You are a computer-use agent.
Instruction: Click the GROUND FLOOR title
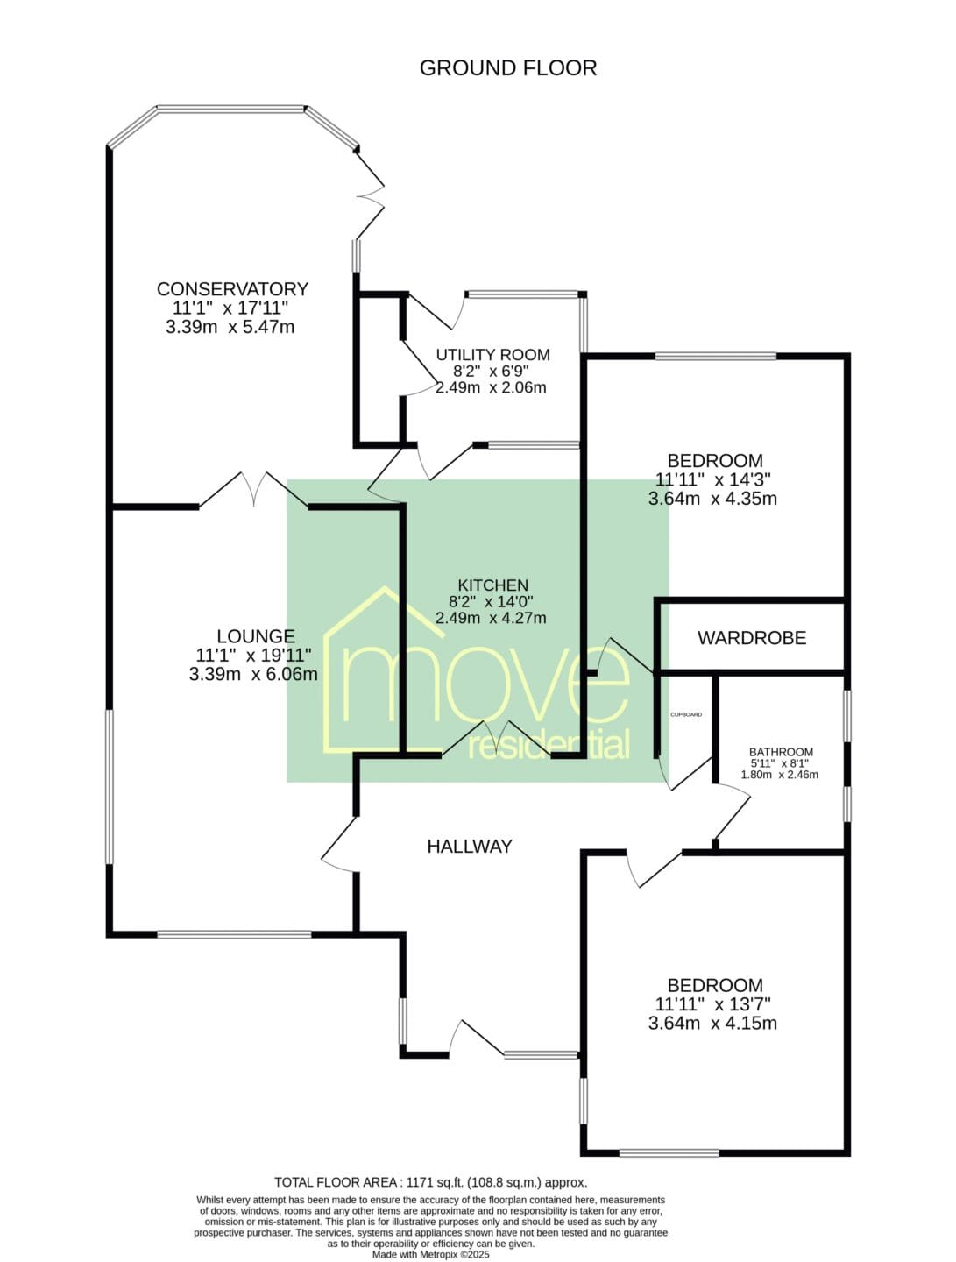click(x=508, y=67)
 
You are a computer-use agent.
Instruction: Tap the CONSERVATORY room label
click(x=233, y=288)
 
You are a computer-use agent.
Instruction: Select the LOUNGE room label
click(x=257, y=636)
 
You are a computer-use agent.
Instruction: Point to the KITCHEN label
click(x=492, y=585)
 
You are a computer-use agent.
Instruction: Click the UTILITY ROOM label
click(x=492, y=355)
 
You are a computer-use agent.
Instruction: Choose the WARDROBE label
click(x=752, y=638)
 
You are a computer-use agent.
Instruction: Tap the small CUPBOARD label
click(x=686, y=714)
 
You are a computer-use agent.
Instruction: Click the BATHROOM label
click(x=781, y=752)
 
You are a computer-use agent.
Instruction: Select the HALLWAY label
click(x=470, y=847)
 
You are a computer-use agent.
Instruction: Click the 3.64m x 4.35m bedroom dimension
click(x=712, y=499)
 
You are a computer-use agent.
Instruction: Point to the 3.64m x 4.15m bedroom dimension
click(x=712, y=1024)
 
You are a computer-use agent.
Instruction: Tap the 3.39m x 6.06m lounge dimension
click(x=253, y=674)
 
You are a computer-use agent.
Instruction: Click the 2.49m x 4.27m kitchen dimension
click(x=491, y=618)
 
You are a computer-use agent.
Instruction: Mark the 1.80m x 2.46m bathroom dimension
click(x=780, y=775)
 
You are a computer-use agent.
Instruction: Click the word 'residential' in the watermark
click(x=549, y=746)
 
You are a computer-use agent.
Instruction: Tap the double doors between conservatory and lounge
click(x=253, y=490)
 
